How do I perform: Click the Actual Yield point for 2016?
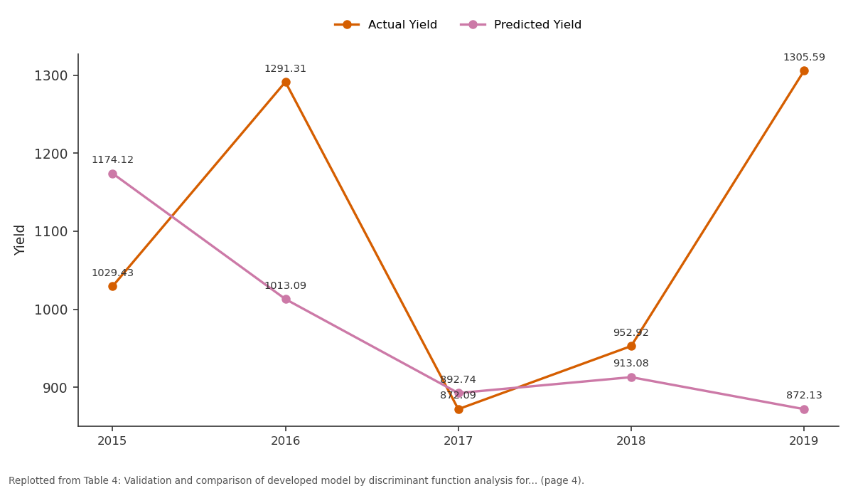(x=286, y=83)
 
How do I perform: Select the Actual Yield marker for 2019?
(x=804, y=71)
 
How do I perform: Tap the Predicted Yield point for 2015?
(x=112, y=174)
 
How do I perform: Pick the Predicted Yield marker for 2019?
(x=804, y=409)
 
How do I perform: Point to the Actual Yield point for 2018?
(x=631, y=346)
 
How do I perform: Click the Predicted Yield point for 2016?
(x=286, y=300)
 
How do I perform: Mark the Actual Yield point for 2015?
(x=112, y=286)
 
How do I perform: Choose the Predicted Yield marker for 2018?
(x=631, y=377)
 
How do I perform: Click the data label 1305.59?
(x=804, y=57)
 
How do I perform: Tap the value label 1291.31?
(x=285, y=68)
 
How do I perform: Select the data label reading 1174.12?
(x=112, y=159)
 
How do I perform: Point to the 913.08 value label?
(x=631, y=364)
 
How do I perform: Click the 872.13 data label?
(x=804, y=396)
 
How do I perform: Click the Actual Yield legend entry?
(x=385, y=25)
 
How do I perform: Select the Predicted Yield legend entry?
(x=520, y=25)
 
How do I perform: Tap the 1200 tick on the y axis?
(x=51, y=154)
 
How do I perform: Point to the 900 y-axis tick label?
(x=55, y=388)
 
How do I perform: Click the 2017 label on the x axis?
(x=458, y=441)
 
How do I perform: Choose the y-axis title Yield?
(x=19, y=241)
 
